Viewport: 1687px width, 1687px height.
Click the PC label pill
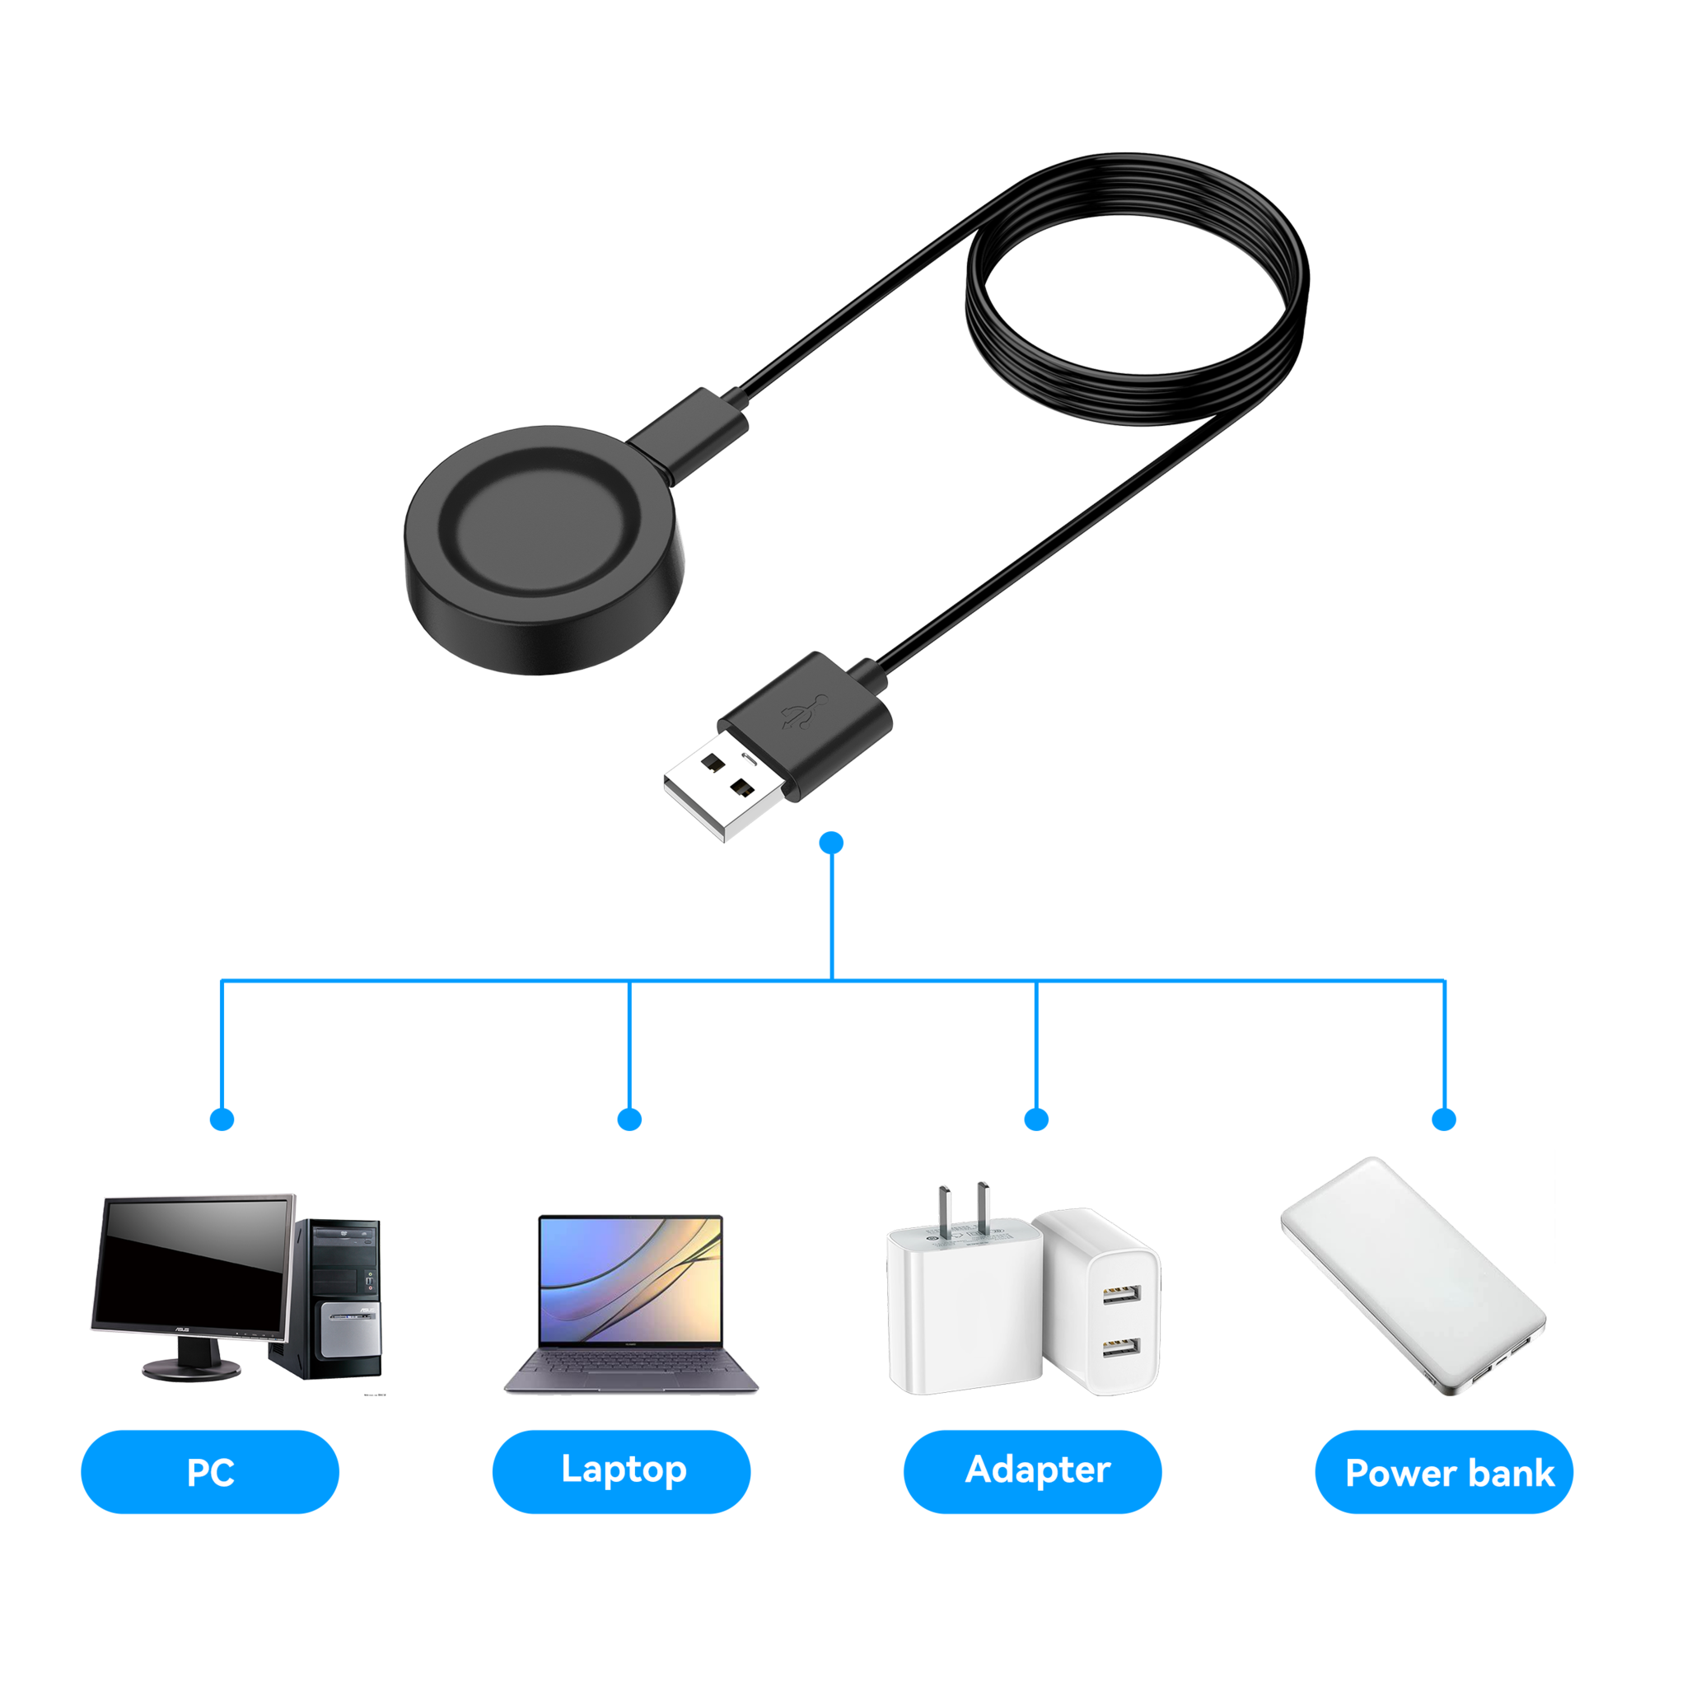click(x=209, y=1472)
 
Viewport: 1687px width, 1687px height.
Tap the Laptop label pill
click(x=622, y=1470)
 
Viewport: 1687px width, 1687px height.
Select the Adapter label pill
click(x=1034, y=1470)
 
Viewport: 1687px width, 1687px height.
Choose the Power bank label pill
click(x=1446, y=1472)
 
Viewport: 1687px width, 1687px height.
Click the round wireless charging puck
click(x=541, y=548)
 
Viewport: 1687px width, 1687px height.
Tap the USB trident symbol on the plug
click(x=803, y=711)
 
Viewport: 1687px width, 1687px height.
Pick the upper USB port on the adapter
click(x=1121, y=1293)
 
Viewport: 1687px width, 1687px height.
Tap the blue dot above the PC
click(x=222, y=1119)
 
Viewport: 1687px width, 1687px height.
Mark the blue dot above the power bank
click(x=1444, y=1119)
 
